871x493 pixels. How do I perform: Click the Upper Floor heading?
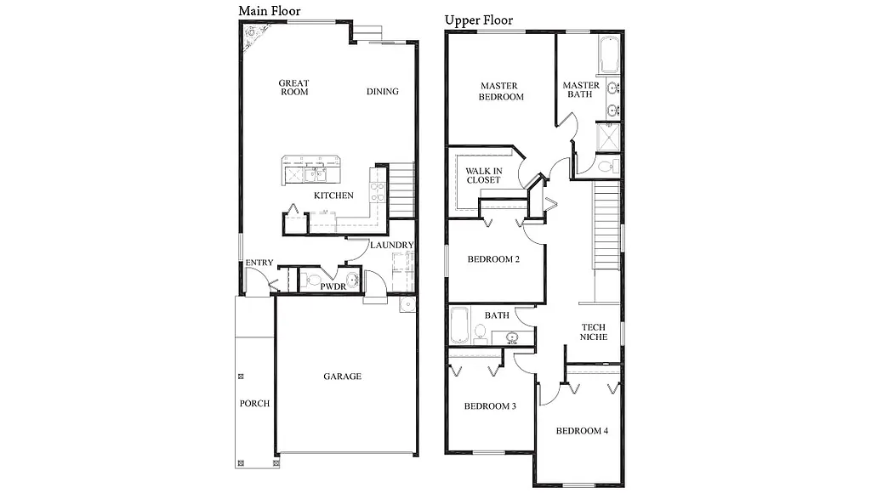pyautogui.click(x=479, y=20)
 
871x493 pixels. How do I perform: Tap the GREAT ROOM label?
pyautogui.click(x=294, y=88)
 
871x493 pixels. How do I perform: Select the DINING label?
pyautogui.click(x=383, y=92)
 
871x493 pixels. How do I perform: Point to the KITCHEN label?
pyautogui.click(x=333, y=195)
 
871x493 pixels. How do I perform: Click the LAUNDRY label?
pyautogui.click(x=391, y=246)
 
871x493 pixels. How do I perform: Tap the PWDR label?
pyautogui.click(x=333, y=287)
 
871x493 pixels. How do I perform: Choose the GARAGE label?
pyautogui.click(x=343, y=377)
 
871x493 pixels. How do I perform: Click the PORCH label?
pyautogui.click(x=254, y=403)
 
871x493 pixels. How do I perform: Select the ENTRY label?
pyautogui.click(x=259, y=263)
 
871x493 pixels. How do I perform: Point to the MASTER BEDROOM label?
pyautogui.click(x=501, y=91)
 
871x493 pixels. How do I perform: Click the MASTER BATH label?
pyautogui.click(x=581, y=89)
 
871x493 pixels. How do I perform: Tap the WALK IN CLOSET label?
pyautogui.click(x=483, y=175)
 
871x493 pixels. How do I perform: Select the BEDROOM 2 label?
pyautogui.click(x=494, y=259)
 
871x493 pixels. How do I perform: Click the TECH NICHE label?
pyautogui.click(x=594, y=331)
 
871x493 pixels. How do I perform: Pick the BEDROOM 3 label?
pyautogui.click(x=490, y=406)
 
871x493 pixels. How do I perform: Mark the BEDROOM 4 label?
pyautogui.click(x=582, y=431)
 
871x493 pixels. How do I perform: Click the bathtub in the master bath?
pyautogui.click(x=610, y=55)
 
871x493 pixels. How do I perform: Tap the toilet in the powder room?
pyautogui.click(x=313, y=280)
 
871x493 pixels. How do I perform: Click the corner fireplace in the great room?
pyautogui.click(x=253, y=38)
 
